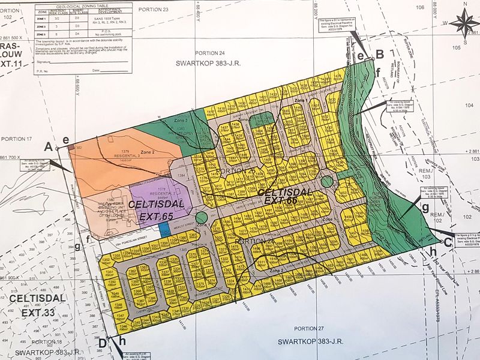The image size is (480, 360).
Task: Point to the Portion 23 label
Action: point(153,10)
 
